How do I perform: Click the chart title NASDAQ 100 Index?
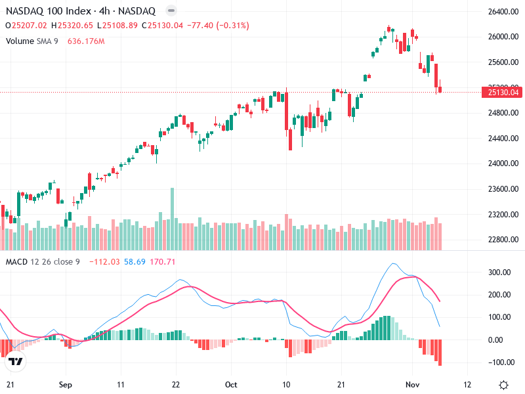pos(43,11)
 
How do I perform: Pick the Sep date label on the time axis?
pos(64,385)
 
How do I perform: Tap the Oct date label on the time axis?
pos(230,385)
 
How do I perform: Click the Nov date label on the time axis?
pos(411,385)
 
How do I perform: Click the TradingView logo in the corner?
pos(16,361)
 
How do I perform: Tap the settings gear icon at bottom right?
pos(503,385)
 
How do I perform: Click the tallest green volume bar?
pos(173,219)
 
